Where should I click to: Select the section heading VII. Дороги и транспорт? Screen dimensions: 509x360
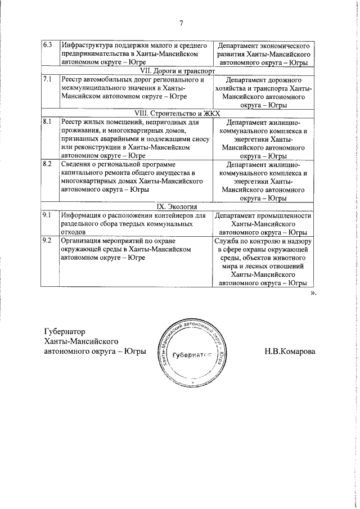178,72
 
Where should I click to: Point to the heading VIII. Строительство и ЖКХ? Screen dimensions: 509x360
178,113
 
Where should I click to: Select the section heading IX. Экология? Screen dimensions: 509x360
178,207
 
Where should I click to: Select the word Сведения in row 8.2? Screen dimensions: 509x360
78,164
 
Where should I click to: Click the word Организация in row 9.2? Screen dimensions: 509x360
84,241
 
